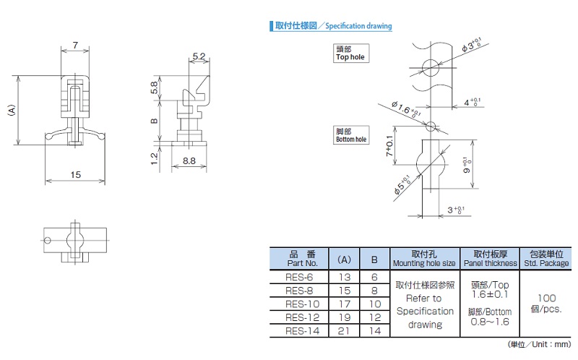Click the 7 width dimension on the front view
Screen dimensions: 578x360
tap(75, 45)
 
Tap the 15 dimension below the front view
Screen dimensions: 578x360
tap(76, 174)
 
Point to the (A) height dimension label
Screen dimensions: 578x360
tap(11, 110)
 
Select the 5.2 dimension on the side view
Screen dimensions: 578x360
tap(199, 56)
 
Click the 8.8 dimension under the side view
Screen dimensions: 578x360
tap(189, 160)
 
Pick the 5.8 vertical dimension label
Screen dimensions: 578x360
tap(154, 87)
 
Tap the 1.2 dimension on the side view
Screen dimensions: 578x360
tap(154, 158)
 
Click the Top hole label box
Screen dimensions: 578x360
tap(351, 53)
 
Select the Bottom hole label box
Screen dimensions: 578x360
tap(351, 135)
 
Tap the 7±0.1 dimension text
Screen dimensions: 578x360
tap(389, 146)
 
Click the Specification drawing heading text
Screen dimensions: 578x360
tap(358, 26)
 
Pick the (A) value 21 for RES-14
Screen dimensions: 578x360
tap(345, 331)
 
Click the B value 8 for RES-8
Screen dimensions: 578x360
tap(374, 291)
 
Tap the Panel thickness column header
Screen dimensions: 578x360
tap(491, 259)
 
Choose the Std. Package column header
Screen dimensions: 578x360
tap(546, 259)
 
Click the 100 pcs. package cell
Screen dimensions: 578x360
tap(546, 304)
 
